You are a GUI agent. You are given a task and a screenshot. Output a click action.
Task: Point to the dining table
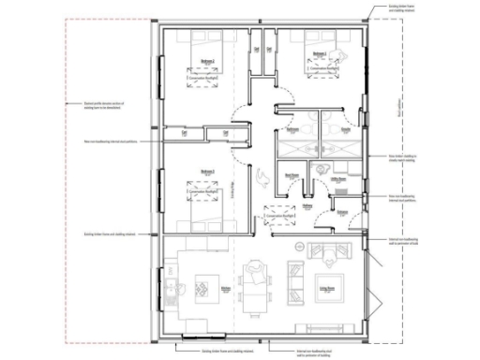click(x=255, y=288)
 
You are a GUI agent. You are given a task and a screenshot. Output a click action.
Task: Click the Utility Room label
click(x=338, y=174)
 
